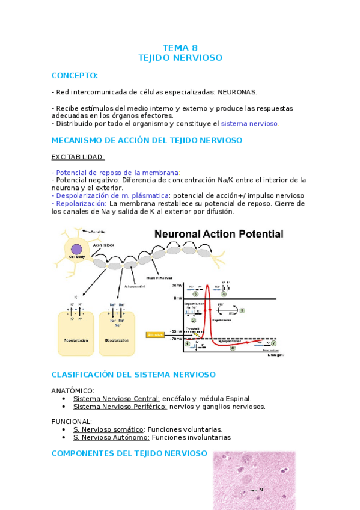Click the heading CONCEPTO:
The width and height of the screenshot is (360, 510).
(x=75, y=75)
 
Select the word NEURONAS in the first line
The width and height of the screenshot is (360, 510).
(x=237, y=92)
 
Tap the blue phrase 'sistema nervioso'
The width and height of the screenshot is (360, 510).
(x=249, y=123)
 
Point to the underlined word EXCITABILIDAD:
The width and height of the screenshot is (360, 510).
(x=78, y=157)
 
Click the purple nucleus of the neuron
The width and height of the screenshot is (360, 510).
(x=77, y=248)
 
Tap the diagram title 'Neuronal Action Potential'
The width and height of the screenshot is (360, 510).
(x=219, y=235)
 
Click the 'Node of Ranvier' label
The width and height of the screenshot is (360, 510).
(x=158, y=277)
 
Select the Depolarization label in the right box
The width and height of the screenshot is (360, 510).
(x=117, y=340)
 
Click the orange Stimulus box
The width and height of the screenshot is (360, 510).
(x=154, y=334)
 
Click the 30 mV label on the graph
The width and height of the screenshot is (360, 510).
(x=176, y=285)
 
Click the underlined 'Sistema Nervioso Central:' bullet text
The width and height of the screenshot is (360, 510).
(x=116, y=398)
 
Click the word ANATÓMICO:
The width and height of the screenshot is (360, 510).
(x=73, y=390)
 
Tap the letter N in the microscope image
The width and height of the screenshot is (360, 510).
(x=260, y=490)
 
